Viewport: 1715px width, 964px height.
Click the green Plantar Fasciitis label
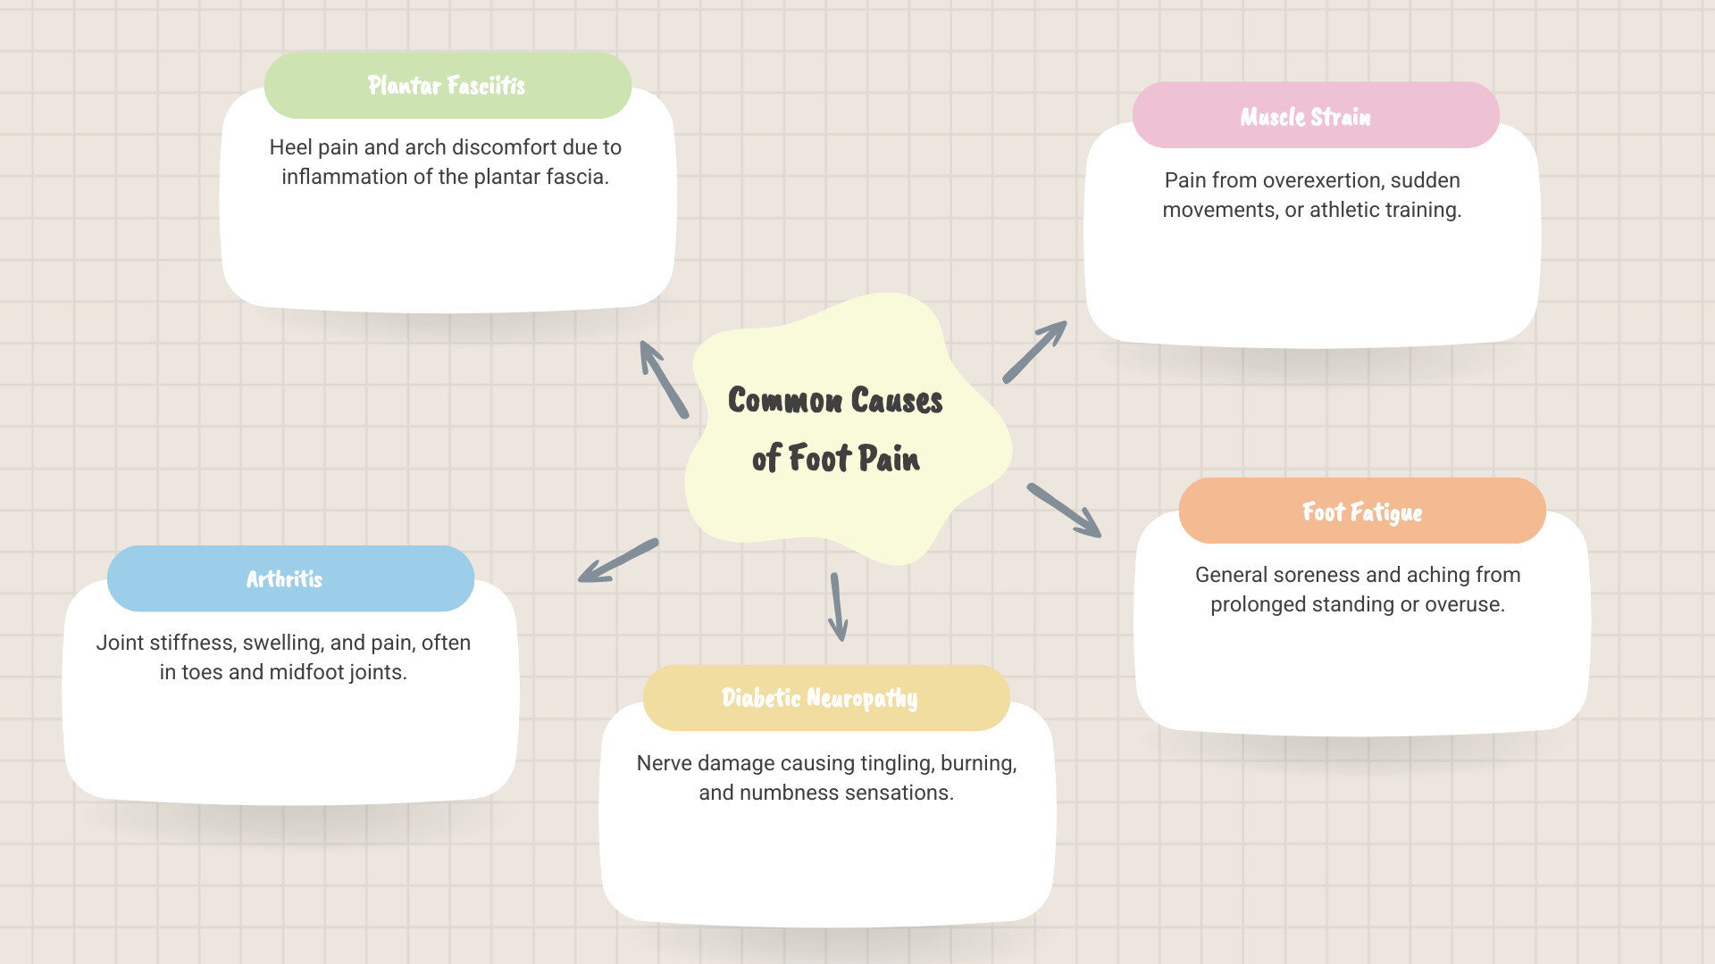[447, 86]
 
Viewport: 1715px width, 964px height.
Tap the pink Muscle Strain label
[1305, 117]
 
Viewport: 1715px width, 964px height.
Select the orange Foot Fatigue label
[1361, 512]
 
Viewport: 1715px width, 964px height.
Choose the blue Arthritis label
[284, 579]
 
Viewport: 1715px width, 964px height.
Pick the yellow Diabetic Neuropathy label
[819, 698]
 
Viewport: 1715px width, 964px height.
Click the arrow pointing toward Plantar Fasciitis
[664, 379]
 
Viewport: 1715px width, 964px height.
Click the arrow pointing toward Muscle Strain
[1034, 352]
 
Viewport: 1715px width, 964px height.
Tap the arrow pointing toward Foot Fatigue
[1064, 511]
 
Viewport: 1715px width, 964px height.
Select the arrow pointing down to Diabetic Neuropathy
[837, 607]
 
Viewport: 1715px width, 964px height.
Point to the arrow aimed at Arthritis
[618, 561]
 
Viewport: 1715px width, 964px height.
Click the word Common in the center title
[785, 401]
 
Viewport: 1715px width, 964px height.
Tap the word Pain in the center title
[889, 459]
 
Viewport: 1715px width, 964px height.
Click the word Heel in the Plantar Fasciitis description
[291, 147]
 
